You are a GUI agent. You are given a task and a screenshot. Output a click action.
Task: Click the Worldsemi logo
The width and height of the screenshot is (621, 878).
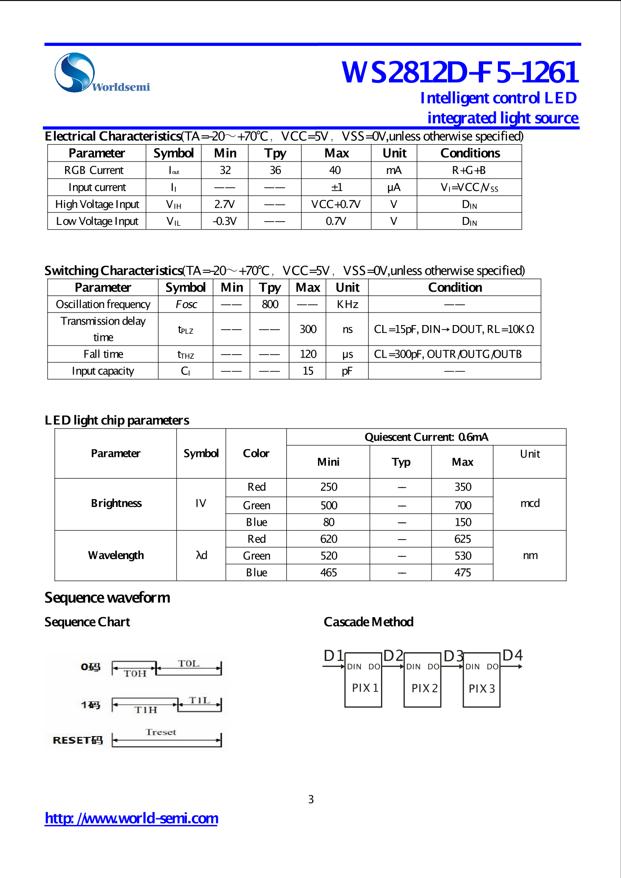pos(101,73)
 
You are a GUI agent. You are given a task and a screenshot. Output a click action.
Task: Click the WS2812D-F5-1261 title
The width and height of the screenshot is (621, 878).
pos(459,72)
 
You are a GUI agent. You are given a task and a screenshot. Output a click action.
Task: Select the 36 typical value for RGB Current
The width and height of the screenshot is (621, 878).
pos(275,170)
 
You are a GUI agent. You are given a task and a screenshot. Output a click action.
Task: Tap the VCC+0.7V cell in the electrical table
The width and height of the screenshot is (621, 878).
pos(336,204)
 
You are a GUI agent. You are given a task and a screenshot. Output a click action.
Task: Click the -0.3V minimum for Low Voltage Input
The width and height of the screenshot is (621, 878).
pos(225,221)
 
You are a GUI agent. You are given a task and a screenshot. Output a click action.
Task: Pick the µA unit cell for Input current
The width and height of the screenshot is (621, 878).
pos(394,187)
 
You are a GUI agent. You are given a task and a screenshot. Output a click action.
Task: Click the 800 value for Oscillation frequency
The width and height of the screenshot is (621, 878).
pos(270,304)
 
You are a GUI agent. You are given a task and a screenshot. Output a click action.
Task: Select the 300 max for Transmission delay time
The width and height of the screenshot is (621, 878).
pos(308,329)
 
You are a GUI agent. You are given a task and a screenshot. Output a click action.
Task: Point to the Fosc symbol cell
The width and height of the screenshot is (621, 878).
pos(186,304)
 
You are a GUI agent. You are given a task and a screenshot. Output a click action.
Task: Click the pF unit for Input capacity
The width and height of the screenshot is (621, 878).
pos(347,371)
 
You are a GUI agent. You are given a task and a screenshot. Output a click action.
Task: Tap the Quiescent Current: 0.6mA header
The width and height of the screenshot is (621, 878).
pos(426,437)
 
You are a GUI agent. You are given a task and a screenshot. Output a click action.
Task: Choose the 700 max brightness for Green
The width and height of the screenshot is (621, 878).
pos(462,505)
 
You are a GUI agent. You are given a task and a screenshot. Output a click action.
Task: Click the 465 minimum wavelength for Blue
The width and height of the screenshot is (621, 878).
pos(328,573)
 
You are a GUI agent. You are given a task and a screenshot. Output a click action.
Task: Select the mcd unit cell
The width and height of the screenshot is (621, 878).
pos(530,503)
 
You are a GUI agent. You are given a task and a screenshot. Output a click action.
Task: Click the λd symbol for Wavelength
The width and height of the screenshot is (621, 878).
pos(201,555)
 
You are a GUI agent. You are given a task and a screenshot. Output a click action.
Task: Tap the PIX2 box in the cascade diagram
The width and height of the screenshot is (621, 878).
pos(422,680)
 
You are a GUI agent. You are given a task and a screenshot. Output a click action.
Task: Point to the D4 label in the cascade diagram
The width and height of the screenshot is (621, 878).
pos(512,655)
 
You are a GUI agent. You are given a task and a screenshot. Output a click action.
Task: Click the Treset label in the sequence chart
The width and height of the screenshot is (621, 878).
pos(161,732)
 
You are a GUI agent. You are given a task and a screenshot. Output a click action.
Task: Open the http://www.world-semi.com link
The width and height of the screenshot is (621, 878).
pos(131,818)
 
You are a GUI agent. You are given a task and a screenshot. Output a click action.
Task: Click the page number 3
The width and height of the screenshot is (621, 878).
pos(311,799)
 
